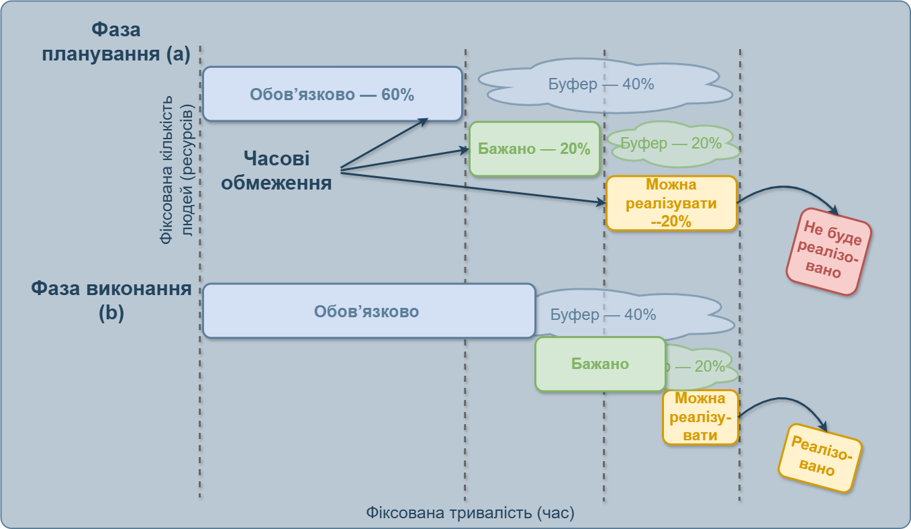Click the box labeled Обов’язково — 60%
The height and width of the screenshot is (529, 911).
[x=332, y=94]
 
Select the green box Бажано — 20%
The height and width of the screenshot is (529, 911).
[x=534, y=149]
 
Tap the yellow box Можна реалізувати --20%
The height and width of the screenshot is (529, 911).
[x=671, y=203]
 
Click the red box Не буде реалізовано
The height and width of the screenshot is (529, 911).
[x=828, y=251]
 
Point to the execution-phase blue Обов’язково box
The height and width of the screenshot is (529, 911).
[x=368, y=311]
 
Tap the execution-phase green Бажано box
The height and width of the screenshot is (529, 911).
[x=600, y=364]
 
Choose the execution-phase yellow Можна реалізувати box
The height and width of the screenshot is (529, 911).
[x=700, y=417]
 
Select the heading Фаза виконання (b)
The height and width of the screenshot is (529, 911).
[x=111, y=301]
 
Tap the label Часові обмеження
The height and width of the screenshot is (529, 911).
[x=277, y=171]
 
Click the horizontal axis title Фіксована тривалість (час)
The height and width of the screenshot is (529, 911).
[x=470, y=513]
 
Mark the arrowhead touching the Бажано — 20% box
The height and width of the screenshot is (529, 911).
[x=463, y=149]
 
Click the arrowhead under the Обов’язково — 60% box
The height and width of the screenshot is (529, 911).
[x=424, y=121]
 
